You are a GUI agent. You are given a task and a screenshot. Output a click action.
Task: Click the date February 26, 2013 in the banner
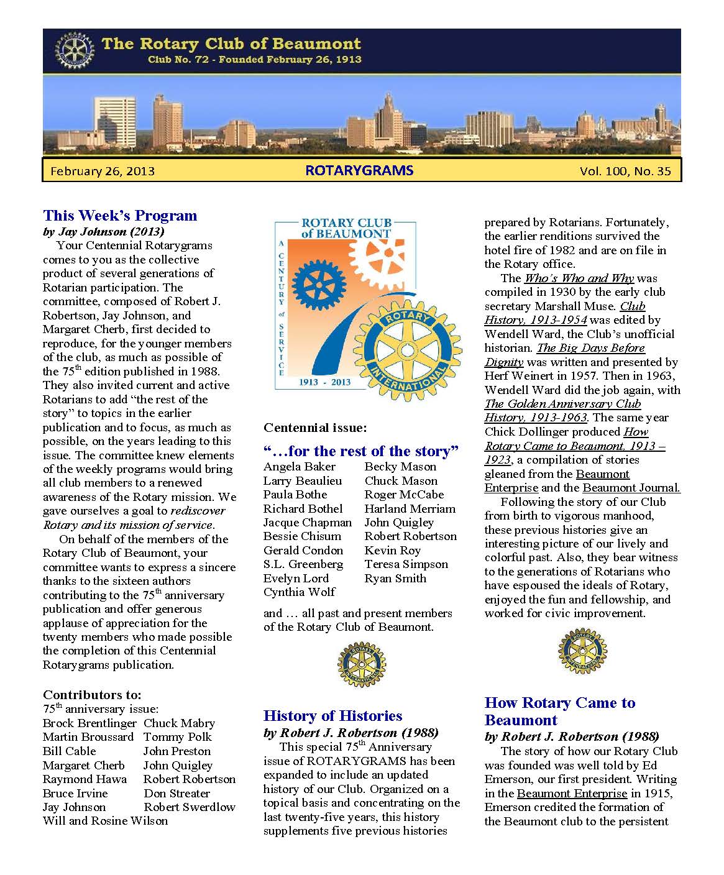pyautogui.click(x=103, y=171)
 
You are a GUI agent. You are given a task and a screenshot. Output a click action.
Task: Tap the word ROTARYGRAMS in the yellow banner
pyautogui.click(x=359, y=170)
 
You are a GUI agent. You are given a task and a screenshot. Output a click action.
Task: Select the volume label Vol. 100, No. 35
pyautogui.click(x=625, y=171)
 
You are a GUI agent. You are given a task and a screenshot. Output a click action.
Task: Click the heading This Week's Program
pyautogui.click(x=120, y=216)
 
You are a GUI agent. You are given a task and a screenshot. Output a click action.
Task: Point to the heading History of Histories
pyautogui.click(x=332, y=716)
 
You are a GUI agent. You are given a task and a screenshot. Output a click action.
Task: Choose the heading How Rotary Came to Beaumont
pyautogui.click(x=559, y=711)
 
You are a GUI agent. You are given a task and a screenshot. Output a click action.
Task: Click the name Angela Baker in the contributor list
pyautogui.click(x=299, y=467)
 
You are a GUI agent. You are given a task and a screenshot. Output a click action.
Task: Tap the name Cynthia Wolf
pyautogui.click(x=299, y=592)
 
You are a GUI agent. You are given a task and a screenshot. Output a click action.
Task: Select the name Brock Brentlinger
pyautogui.click(x=89, y=723)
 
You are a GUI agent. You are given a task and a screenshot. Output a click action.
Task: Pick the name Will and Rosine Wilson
pyautogui.click(x=105, y=821)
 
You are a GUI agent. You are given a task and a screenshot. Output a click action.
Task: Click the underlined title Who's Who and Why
pyautogui.click(x=579, y=278)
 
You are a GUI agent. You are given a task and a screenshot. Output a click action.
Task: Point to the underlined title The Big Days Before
pyautogui.click(x=590, y=348)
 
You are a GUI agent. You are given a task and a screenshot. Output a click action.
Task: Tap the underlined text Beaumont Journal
pyautogui.click(x=631, y=488)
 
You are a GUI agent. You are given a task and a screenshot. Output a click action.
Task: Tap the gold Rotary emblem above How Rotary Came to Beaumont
pyautogui.click(x=582, y=651)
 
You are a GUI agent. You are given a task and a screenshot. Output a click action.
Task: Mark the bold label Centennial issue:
pyautogui.click(x=315, y=428)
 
